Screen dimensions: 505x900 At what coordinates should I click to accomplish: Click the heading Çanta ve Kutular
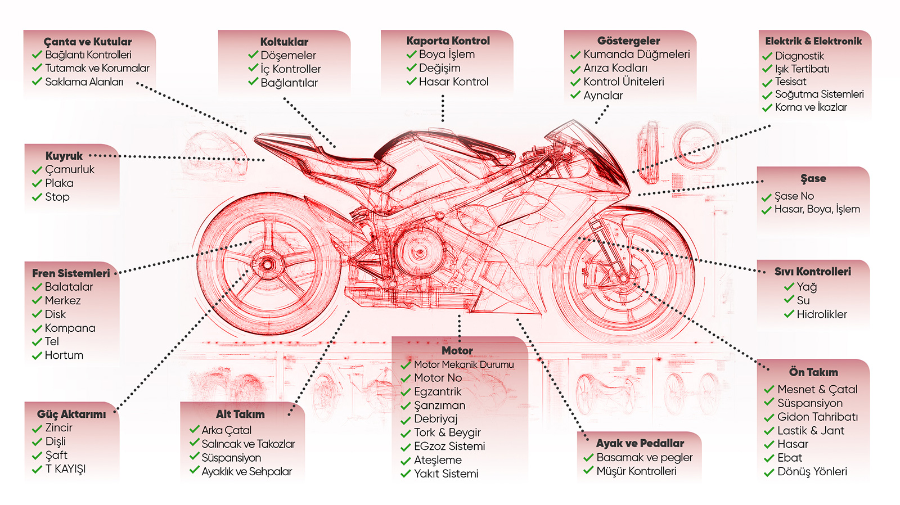(88, 42)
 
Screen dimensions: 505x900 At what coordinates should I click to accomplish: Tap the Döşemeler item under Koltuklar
(288, 55)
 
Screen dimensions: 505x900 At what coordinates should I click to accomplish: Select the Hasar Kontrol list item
(453, 82)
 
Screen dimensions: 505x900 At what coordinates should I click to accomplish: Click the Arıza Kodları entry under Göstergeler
(615, 68)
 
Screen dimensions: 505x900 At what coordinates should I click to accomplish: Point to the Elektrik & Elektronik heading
(813, 41)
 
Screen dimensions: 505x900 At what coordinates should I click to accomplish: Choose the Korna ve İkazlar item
(811, 107)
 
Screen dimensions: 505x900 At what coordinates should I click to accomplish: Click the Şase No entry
(794, 196)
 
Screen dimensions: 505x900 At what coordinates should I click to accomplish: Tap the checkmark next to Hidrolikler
(789, 314)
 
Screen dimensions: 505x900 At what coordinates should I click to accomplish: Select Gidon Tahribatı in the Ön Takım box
(817, 417)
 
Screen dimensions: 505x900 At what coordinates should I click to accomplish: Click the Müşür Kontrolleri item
(636, 471)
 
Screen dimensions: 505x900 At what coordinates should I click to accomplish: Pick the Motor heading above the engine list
(457, 350)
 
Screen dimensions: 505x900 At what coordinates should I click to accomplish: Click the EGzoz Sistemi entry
(449, 446)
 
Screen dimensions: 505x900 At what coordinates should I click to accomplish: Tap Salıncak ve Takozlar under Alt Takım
(248, 444)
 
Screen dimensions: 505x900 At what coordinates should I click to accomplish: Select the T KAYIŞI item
(65, 468)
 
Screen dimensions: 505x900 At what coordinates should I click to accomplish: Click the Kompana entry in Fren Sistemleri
(70, 328)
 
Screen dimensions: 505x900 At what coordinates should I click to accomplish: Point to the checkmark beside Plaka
(37, 183)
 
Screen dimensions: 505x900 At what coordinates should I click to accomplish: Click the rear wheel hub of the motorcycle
(267, 264)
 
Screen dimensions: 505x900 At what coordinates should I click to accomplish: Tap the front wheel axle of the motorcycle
(623, 278)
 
